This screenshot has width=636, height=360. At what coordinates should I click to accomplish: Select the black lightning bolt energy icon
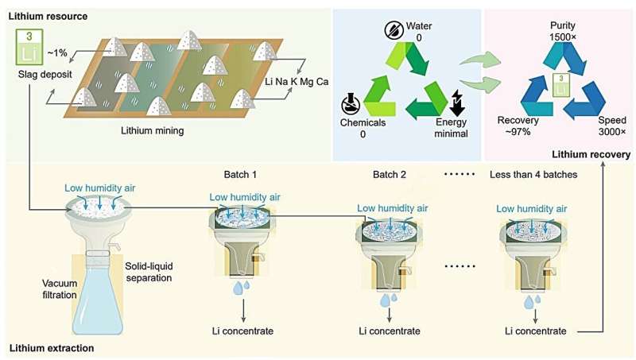tap(457, 104)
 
